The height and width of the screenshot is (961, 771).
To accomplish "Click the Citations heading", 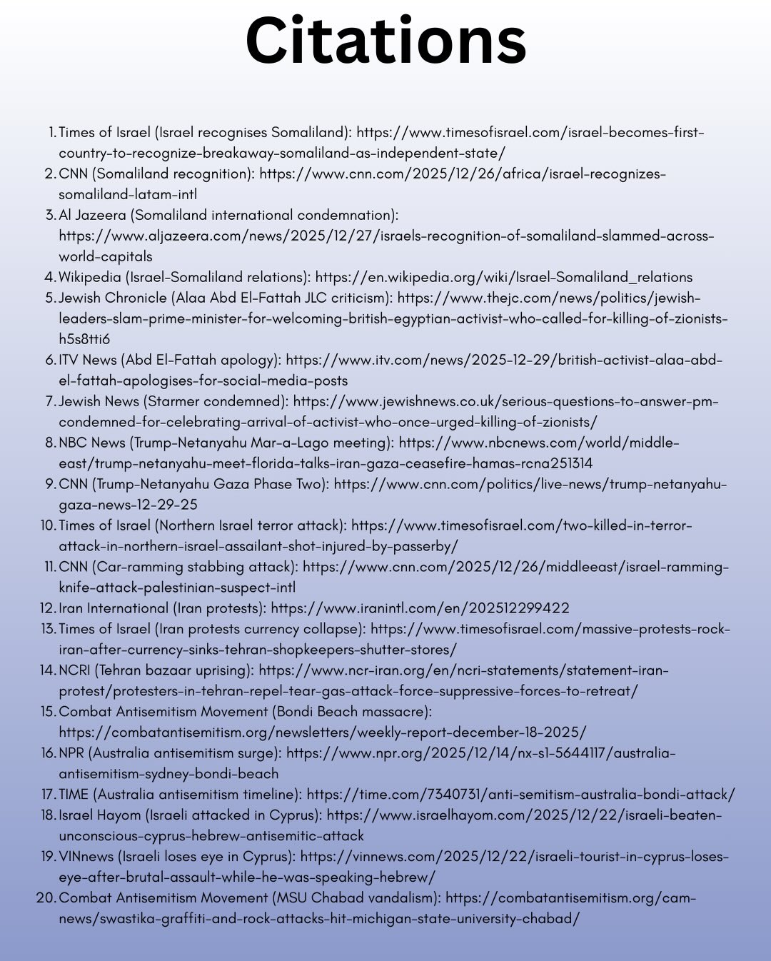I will point(385,41).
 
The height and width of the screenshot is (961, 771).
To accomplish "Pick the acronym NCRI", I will point(74,670).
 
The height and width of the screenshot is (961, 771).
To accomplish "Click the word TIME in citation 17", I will point(74,795).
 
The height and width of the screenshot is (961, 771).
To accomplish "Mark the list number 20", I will point(45,898).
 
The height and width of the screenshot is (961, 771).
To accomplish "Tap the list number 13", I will point(48,629).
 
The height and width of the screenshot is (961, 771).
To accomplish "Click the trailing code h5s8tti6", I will point(84,339).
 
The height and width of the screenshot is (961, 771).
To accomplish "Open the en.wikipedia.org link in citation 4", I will point(503,277).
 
